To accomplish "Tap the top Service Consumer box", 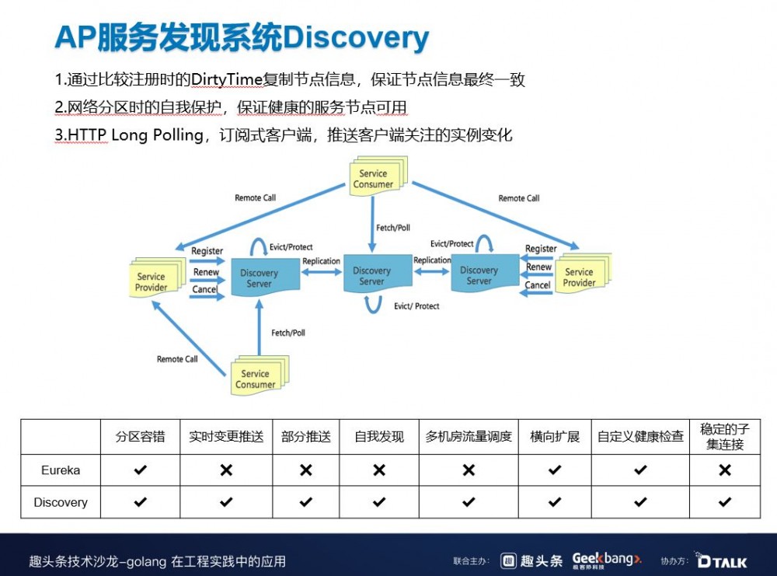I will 376,178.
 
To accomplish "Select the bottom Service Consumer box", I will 257,378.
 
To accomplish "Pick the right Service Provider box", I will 580,276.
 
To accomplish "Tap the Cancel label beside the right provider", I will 538,285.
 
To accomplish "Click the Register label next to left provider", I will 207,251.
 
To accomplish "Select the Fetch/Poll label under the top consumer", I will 393,228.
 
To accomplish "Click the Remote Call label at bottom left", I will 177,359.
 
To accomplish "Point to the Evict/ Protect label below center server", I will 416,306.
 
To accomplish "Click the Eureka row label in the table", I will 61,470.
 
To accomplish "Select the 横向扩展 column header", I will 555,437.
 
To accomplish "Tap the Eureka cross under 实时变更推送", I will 226,470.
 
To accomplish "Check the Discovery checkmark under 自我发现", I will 379,502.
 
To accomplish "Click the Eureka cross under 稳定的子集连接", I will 724,470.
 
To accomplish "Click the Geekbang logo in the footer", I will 607,560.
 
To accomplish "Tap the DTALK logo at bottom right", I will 722,560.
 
